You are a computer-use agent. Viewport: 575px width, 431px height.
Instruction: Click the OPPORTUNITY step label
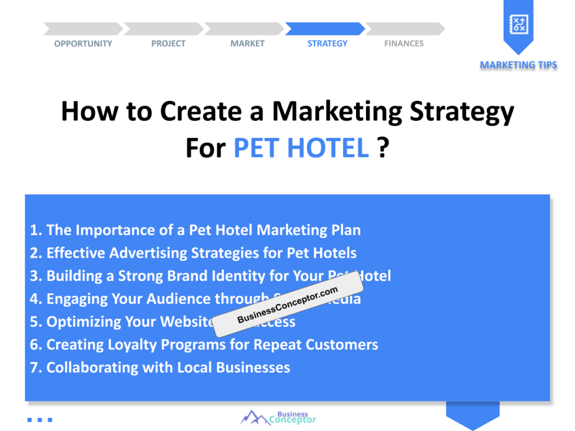(x=83, y=44)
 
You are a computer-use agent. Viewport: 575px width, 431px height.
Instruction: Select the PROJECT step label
(x=168, y=44)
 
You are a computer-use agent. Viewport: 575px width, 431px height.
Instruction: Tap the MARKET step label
(x=247, y=44)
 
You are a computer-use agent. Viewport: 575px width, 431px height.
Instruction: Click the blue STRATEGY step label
(x=327, y=44)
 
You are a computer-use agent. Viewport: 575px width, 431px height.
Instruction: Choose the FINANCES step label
(x=404, y=44)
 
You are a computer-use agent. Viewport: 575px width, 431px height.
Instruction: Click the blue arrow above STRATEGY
(x=325, y=29)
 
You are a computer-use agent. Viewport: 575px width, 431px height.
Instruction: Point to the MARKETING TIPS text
(x=518, y=65)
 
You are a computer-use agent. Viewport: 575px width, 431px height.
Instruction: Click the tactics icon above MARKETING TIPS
(x=518, y=24)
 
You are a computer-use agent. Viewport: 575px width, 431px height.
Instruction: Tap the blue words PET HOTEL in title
(x=301, y=148)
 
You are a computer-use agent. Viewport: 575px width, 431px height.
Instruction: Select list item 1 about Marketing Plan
(x=195, y=230)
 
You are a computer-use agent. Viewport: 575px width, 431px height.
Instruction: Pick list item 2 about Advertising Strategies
(x=193, y=253)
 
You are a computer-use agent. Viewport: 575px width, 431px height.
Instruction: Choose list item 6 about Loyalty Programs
(x=204, y=345)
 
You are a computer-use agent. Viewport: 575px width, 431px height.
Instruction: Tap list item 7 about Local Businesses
(x=160, y=368)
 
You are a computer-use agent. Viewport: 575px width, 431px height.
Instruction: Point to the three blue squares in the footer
(x=39, y=419)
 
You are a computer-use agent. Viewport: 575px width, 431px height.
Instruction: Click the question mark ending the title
(x=383, y=148)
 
